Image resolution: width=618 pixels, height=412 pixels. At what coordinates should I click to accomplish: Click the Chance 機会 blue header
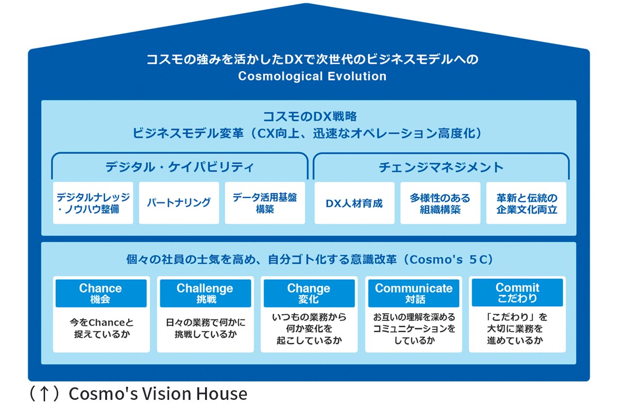coord(100,293)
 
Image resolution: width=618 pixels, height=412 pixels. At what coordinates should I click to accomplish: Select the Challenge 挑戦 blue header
coord(205,293)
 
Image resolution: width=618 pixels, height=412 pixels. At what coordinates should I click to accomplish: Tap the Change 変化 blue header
coord(309,293)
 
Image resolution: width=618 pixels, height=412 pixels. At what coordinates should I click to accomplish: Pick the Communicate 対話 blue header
coord(413,293)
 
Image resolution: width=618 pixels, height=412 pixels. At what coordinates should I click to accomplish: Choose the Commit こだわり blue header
coord(517,292)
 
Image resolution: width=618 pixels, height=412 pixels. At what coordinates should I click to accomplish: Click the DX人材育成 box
coord(354,203)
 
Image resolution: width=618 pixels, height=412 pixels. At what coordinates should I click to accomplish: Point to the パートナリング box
coord(179,203)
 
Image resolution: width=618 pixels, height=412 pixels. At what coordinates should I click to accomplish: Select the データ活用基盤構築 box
coord(265,203)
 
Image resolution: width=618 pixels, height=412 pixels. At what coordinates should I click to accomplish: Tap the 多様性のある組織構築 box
coord(440,203)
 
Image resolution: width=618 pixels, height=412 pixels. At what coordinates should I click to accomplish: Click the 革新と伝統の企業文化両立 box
coord(526,203)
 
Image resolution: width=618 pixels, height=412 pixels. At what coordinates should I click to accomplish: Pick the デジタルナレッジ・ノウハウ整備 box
coord(93,203)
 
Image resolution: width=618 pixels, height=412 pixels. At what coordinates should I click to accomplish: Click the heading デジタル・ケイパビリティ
coord(179,167)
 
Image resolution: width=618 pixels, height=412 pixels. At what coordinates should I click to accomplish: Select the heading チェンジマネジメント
coord(441,167)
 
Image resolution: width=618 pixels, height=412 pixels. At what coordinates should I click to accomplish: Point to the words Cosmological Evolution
coord(312,76)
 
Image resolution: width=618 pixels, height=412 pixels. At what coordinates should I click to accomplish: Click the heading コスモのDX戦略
coord(310,117)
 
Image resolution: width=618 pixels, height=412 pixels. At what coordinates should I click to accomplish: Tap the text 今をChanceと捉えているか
coord(101,328)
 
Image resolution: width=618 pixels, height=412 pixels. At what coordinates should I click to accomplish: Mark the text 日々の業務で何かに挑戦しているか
coord(205,328)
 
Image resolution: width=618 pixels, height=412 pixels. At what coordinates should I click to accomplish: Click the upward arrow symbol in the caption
coord(44,394)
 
